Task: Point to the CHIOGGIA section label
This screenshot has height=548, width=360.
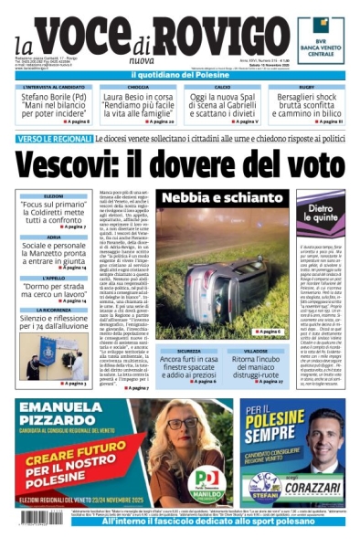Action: [138, 87]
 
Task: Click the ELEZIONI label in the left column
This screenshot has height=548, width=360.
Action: [54, 196]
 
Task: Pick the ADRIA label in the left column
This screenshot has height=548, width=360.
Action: [54, 237]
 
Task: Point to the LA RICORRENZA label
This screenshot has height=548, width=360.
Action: [54, 311]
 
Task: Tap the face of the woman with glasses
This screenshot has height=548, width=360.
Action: [197, 430]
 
